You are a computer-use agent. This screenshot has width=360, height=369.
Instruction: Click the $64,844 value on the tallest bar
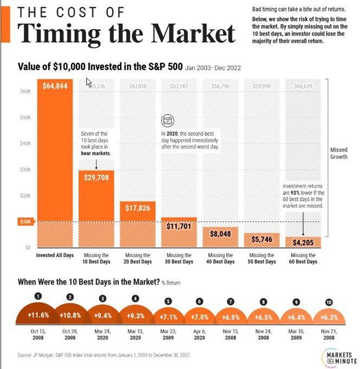click(56, 85)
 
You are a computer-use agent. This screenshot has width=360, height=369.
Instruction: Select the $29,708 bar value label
click(97, 176)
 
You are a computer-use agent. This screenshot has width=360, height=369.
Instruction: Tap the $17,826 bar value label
click(138, 208)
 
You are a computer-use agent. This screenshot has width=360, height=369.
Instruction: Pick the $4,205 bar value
click(303, 243)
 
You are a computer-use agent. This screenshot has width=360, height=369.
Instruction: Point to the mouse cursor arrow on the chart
click(89, 82)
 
